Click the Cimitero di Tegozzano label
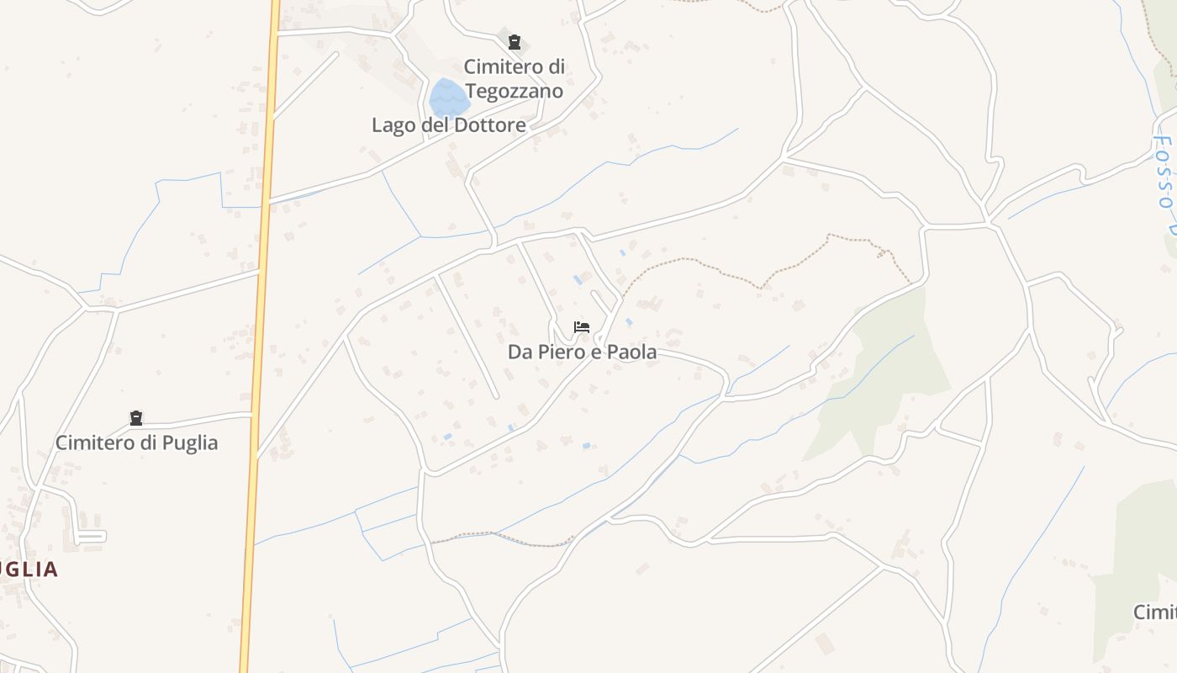click(514, 78)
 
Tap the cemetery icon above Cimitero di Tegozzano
click(515, 42)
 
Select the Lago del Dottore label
click(449, 125)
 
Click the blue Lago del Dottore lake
click(448, 98)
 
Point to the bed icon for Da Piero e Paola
click(581, 326)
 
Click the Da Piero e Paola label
click(582, 352)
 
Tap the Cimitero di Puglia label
click(136, 442)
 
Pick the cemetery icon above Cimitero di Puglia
click(136, 418)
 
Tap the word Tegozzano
click(514, 91)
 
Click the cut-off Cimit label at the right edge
click(1154, 612)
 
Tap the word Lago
click(393, 125)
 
